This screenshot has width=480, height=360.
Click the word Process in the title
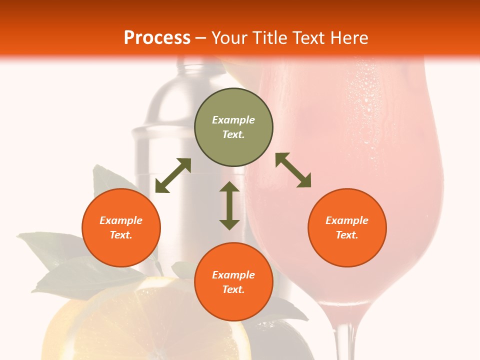point(157,38)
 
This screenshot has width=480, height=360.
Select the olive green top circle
point(233,127)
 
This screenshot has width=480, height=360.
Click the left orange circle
point(121,227)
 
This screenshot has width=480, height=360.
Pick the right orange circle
point(347,227)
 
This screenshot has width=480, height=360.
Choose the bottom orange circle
point(233,281)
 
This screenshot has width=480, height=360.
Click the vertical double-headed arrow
point(229,205)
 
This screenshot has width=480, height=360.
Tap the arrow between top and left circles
point(173,175)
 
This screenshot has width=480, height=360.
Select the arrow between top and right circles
point(293,170)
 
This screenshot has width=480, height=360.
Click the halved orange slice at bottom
point(150,325)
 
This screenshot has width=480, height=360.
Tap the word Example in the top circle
point(233,120)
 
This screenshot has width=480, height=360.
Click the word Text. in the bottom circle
point(233,289)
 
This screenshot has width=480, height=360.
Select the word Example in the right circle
point(347,220)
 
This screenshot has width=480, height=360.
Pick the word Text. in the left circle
point(121,235)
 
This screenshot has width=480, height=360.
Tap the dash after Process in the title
point(200,38)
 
